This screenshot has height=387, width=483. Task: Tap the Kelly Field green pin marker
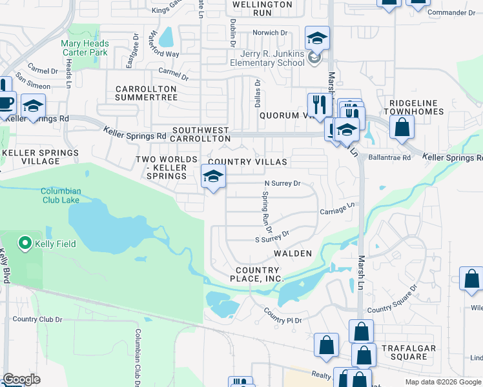pos(25,243)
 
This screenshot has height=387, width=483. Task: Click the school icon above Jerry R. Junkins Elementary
pos(317,39)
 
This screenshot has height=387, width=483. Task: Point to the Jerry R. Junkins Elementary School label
pos(267,58)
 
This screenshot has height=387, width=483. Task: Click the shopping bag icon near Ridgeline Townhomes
pos(402,128)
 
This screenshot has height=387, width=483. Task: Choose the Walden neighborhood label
pos(293,253)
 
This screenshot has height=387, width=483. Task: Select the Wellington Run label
pos(262,8)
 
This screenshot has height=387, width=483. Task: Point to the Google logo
pos(21,379)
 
